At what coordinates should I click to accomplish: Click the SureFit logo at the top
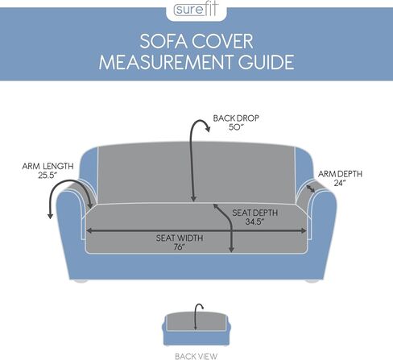(196, 10)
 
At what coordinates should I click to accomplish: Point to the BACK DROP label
(236, 118)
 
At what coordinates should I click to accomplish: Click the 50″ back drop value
(236, 127)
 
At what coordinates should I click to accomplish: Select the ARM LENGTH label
(48, 166)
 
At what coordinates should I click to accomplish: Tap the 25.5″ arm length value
(48, 176)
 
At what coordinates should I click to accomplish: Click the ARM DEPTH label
(340, 174)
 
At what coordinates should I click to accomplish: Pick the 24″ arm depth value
(340, 183)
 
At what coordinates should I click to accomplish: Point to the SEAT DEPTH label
(254, 213)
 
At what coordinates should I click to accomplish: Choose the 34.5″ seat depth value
(254, 222)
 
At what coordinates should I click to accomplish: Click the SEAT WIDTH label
(180, 238)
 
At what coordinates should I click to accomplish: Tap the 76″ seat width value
(180, 247)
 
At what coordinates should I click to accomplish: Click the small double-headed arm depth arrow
(311, 188)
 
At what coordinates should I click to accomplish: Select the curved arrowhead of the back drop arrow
(207, 129)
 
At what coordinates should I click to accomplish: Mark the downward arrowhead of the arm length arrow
(50, 216)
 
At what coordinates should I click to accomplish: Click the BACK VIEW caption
(196, 356)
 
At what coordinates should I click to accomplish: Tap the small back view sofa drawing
(196, 329)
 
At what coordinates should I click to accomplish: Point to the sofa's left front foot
(81, 281)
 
